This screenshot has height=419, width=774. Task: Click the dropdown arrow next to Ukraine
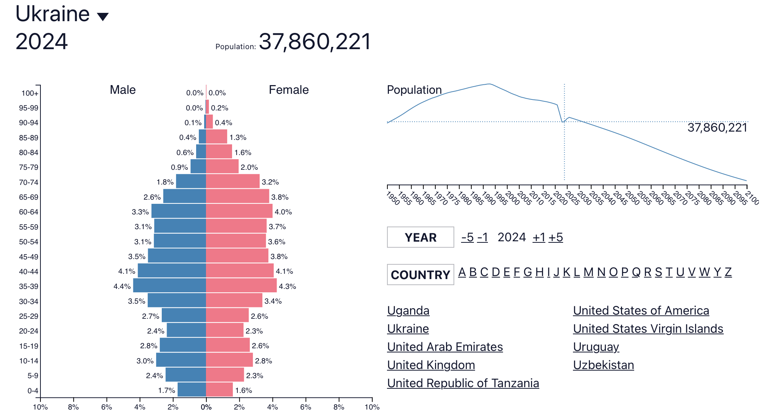pos(103,16)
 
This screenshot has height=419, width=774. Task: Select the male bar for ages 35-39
pos(169,286)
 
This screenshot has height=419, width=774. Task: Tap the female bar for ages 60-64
pos(239,211)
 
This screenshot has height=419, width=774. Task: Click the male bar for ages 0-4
pos(192,390)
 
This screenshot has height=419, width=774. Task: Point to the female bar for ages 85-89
pos(217,137)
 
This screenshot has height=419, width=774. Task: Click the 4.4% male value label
pos(122,286)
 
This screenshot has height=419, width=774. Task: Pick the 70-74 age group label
pos(29,182)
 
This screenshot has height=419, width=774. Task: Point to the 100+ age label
pos(30,93)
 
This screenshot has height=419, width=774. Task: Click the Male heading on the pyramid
pos(122,90)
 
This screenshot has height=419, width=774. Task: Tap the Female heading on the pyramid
pos(288,90)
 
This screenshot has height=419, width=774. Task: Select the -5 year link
pos(467,237)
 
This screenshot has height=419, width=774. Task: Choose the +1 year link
pos(539,237)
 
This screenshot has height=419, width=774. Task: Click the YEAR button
pos(420,237)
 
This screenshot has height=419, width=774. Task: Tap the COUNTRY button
pos(420,275)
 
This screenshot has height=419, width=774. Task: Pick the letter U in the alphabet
pos(680,272)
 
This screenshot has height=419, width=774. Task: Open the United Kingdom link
pos(431,365)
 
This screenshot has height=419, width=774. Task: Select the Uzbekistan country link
pos(603,365)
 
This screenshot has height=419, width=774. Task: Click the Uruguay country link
pos(596,347)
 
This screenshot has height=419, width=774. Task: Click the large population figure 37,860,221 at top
pos(315,42)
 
